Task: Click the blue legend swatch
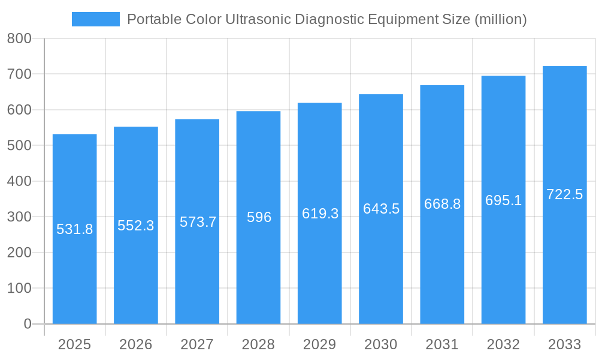click(96, 19)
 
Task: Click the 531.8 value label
click(75, 229)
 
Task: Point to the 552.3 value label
click(136, 226)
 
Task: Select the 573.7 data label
click(198, 222)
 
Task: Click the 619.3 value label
click(320, 214)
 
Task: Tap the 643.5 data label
click(381, 209)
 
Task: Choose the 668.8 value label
click(442, 204)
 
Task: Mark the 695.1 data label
click(503, 200)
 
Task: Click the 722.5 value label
click(564, 194)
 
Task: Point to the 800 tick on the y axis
click(19, 39)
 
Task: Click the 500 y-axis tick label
click(19, 146)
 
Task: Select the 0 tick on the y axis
click(27, 324)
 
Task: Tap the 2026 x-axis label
click(136, 344)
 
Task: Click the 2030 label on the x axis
click(381, 344)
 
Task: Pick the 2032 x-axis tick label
click(503, 344)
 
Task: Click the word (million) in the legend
click(500, 19)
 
